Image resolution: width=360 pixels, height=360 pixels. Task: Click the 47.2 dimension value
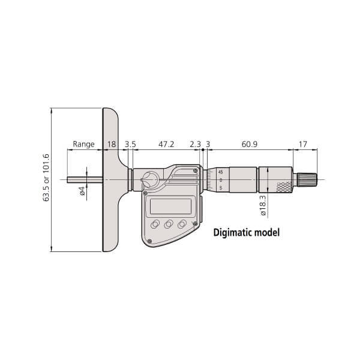(x=166, y=144)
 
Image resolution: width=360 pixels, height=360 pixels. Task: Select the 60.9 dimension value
(x=250, y=144)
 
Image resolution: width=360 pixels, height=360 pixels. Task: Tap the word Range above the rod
(x=83, y=144)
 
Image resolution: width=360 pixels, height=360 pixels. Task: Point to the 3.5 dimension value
(x=130, y=144)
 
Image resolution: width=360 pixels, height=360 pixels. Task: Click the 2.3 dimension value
(x=195, y=144)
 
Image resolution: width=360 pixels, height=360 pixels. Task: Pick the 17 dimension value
(x=302, y=144)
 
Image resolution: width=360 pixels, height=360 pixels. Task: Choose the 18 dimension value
(x=112, y=144)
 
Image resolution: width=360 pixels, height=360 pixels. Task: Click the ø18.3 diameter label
(x=263, y=205)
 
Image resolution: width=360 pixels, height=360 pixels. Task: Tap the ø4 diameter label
(x=82, y=191)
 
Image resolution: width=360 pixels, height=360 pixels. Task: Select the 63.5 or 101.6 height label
(x=46, y=178)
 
